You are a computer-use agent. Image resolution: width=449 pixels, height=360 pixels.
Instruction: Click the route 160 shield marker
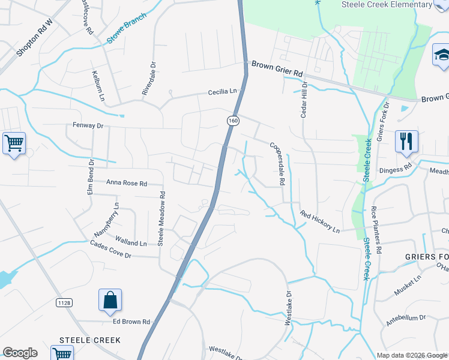coord(233,121)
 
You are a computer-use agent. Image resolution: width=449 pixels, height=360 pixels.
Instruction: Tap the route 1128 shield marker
coord(64,303)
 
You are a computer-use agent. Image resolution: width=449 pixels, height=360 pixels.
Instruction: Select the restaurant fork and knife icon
coord(406,142)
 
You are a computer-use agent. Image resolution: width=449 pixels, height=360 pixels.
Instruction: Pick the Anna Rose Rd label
coord(126,183)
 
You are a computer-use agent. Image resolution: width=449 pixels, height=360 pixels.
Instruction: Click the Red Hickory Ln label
coord(320,222)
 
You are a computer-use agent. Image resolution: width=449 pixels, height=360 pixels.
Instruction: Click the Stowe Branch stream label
coord(127,33)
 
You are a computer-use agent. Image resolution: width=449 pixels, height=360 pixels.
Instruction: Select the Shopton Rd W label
coord(34,38)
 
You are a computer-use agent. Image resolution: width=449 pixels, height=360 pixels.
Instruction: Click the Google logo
coord(20,353)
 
